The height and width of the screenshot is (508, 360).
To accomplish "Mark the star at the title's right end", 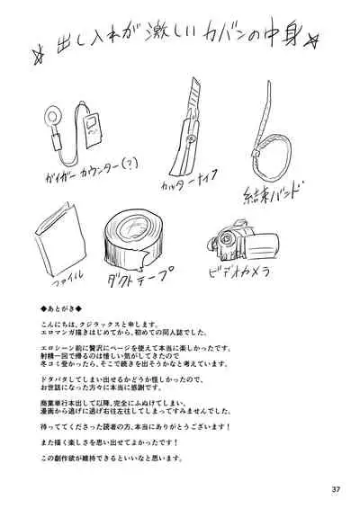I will pos(317,40).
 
